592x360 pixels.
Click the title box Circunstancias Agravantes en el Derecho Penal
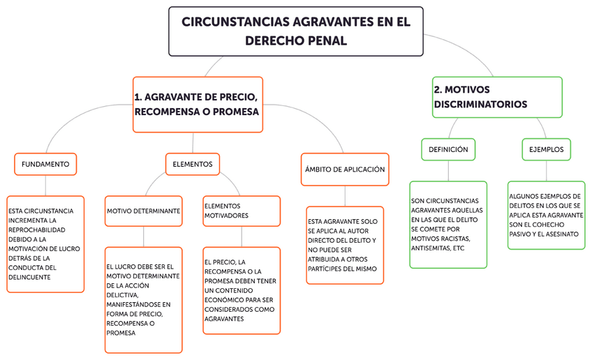[295, 31]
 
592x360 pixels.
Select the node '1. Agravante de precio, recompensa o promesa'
[198, 104]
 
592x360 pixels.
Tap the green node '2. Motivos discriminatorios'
[496, 97]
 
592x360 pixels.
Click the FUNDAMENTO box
[45, 165]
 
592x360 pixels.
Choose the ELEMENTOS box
[192, 165]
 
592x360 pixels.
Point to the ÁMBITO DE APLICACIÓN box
[345, 170]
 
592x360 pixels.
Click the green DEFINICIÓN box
[448, 149]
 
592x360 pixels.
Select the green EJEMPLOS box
[546, 149]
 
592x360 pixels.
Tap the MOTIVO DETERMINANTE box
[144, 211]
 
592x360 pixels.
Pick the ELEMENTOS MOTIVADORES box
[241, 211]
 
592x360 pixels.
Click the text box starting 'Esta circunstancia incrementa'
[45, 243]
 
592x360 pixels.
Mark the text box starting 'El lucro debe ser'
[143, 299]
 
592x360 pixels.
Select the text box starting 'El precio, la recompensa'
[241, 290]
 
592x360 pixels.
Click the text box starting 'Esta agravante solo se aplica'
[344, 244]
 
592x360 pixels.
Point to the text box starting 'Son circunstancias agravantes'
[447, 224]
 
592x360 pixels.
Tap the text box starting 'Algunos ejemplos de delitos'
[545, 215]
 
